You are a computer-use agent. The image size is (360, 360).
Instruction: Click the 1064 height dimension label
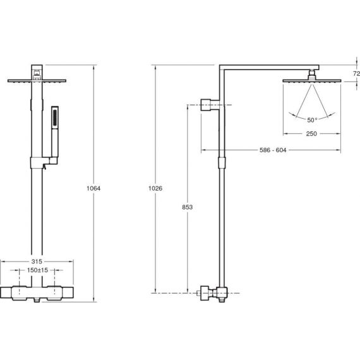tap(93, 188)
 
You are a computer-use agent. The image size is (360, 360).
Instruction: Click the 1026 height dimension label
tap(155, 188)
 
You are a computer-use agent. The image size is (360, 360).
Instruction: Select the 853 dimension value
tap(187, 207)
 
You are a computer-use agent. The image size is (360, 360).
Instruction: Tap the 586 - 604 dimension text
tap(273, 150)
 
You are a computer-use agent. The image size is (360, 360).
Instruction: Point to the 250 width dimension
tap(311, 134)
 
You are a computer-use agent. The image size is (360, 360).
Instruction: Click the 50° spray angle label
tap(312, 120)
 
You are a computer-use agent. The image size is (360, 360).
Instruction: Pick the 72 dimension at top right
tap(356, 73)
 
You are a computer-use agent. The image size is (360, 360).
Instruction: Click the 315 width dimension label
tap(37, 261)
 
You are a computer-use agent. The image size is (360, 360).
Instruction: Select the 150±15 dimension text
tap(37, 270)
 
